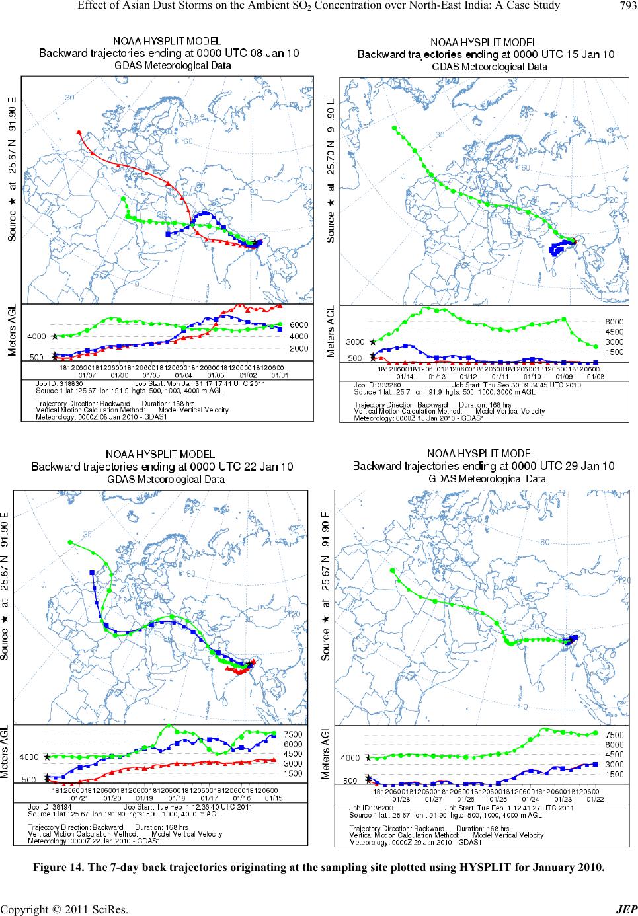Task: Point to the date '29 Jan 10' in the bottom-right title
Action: [586, 465]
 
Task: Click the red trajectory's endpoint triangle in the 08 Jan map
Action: [79, 132]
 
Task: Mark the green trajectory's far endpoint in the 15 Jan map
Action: [394, 128]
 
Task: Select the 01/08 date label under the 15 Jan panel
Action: [593, 375]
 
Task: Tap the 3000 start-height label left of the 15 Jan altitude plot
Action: [355, 342]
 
